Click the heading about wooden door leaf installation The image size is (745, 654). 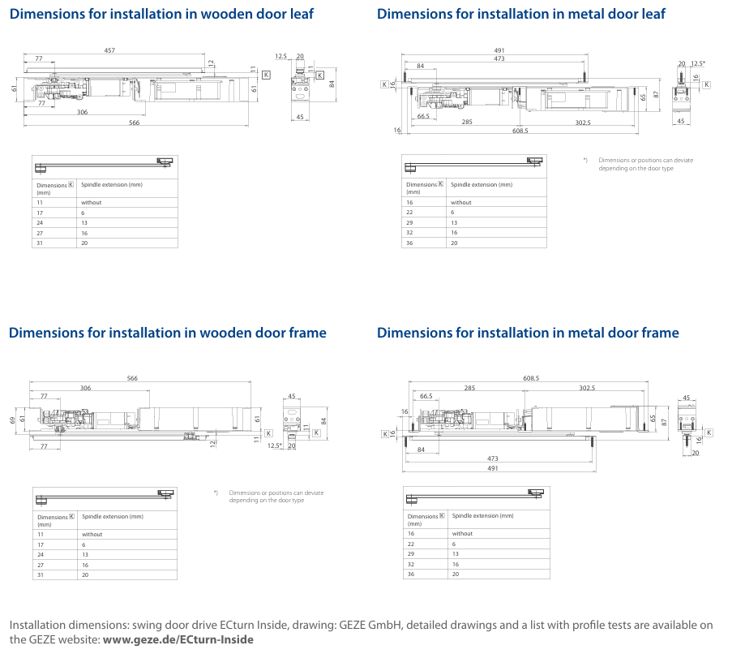click(x=161, y=14)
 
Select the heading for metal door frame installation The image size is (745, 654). click(x=528, y=333)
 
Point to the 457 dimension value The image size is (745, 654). click(x=109, y=50)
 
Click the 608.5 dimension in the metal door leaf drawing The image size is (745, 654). click(x=520, y=131)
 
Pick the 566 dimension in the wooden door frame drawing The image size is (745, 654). click(x=132, y=379)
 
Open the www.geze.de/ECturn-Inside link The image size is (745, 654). click(x=178, y=639)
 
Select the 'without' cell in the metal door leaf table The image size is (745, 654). click(x=461, y=202)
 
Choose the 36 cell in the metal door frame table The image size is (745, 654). click(x=410, y=574)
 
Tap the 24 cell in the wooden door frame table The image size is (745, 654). click(x=41, y=555)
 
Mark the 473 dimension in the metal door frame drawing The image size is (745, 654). click(x=493, y=458)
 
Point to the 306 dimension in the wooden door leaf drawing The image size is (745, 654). click(x=83, y=112)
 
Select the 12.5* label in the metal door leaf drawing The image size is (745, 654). click(x=698, y=63)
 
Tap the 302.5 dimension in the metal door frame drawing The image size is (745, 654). click(x=586, y=388)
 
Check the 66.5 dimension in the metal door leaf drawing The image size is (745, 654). click(x=423, y=117)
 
